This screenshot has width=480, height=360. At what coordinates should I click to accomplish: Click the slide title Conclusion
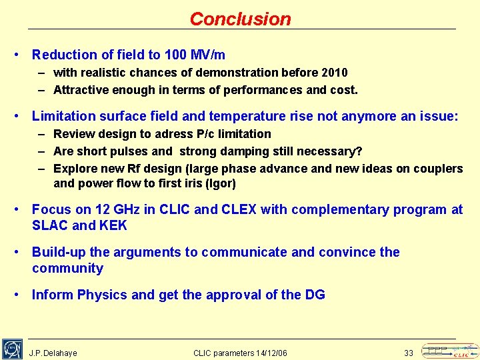tap(240, 19)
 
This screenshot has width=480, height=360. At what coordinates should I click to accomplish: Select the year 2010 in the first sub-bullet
tap(335, 72)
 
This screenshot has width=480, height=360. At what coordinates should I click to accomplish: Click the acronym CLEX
tap(239, 209)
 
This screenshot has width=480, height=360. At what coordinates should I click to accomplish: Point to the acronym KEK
tap(113, 225)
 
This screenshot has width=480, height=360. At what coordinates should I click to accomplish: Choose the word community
tap(67, 268)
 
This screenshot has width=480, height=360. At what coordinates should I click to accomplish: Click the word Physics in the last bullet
tap(103, 295)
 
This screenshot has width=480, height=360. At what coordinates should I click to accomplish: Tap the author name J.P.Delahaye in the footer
tap(53, 353)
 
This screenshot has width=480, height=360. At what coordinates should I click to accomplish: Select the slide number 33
tap(409, 353)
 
